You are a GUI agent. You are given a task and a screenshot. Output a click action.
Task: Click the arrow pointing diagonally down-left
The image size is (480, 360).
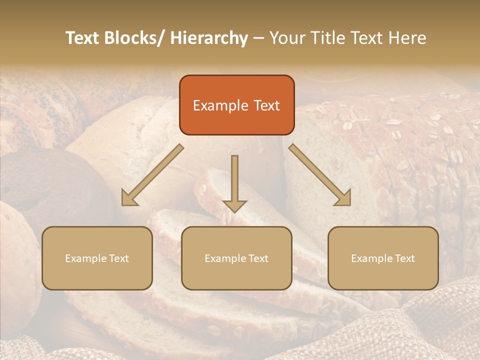(x=152, y=175)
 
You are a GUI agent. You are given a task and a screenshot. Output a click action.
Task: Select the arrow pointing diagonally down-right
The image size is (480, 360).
(x=320, y=175)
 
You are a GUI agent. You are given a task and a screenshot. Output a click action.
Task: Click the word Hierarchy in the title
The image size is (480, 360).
(x=209, y=38)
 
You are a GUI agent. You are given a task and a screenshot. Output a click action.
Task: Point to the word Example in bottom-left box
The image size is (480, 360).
(x=85, y=258)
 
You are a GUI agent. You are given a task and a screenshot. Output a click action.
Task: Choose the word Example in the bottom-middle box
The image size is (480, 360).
(x=225, y=258)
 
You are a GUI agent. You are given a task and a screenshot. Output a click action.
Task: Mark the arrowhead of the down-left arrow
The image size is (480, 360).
(x=129, y=198)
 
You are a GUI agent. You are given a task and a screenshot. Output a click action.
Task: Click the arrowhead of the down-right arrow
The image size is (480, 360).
(x=343, y=198)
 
